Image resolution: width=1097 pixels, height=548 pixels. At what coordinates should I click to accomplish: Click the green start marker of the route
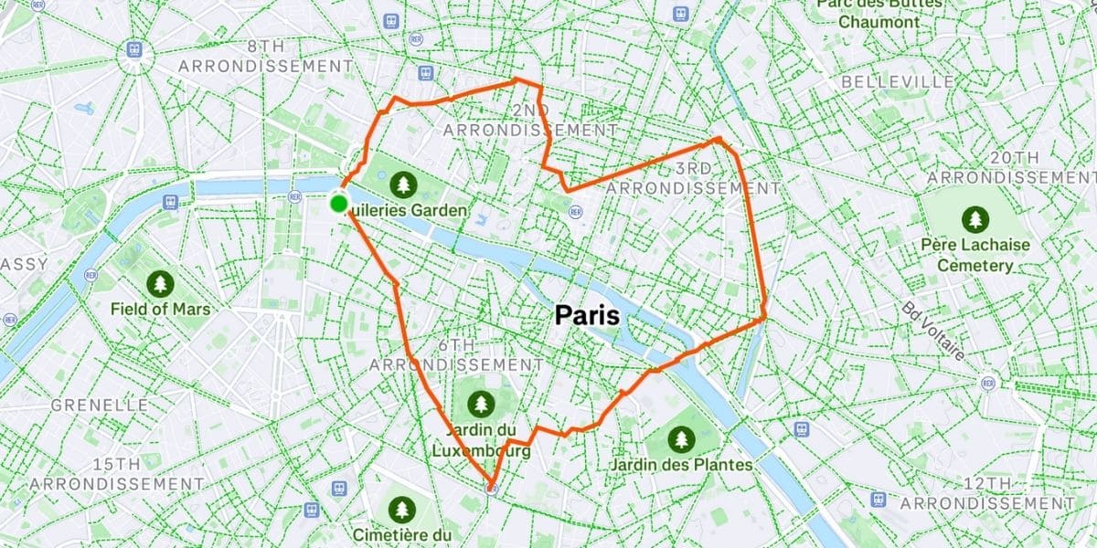[x=339, y=204]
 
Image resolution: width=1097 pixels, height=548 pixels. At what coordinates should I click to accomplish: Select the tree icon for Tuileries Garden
[x=403, y=185]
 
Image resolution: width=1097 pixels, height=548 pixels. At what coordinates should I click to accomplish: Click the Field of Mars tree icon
[x=160, y=282]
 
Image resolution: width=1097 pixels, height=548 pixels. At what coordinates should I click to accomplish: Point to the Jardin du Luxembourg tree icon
[x=480, y=402]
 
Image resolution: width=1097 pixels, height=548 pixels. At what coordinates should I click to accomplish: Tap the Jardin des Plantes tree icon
[x=681, y=439]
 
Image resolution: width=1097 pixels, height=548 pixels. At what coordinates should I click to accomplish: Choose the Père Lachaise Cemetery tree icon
[x=975, y=219]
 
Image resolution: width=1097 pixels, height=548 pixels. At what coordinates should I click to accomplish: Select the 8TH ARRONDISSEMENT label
[x=266, y=56]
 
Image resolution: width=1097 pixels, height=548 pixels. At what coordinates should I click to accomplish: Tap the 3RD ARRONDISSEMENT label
[x=694, y=178]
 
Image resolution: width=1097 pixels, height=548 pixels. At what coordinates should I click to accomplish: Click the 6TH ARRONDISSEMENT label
[x=457, y=354]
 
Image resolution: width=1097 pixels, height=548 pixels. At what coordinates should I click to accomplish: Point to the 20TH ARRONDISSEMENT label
[x=1013, y=166]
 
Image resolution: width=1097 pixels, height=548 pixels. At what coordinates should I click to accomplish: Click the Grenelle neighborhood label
[x=101, y=405]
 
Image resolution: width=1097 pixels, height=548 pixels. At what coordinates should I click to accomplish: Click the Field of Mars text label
[x=160, y=310]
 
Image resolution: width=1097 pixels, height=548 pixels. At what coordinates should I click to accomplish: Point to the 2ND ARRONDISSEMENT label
[x=530, y=121]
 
